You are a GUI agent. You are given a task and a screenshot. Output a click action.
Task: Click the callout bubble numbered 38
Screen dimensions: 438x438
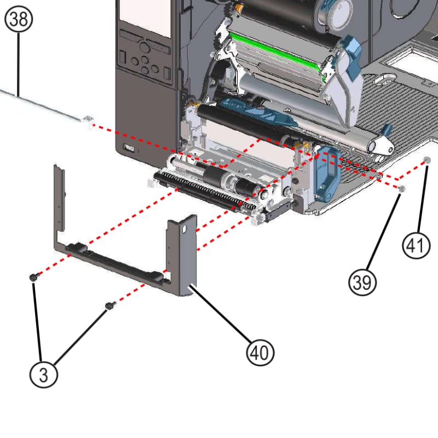pos(19,19)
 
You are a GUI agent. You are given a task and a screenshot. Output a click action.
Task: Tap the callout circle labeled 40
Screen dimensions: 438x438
pos(260,353)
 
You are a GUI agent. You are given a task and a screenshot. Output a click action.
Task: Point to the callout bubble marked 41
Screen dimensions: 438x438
pos(417,245)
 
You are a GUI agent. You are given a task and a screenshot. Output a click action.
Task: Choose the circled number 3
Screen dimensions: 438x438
pos(44,375)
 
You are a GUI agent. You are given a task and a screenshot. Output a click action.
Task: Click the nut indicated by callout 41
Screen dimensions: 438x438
pos(427,160)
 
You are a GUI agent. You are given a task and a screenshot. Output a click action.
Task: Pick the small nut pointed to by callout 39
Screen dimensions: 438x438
pos(402,189)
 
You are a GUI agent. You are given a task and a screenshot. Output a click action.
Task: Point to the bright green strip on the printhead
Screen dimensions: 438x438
pos(274,56)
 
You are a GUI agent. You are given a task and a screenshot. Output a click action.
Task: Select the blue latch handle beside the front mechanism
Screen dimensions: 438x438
pos(327,175)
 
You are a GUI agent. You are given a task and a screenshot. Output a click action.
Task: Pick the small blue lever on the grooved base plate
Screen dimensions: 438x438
pos(386,131)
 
